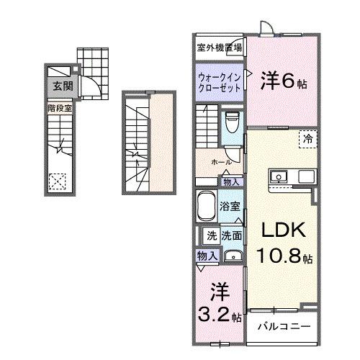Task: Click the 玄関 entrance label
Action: pyautogui.click(x=58, y=86)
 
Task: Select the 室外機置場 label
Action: pyautogui.click(x=219, y=49)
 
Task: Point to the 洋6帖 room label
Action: pyautogui.click(x=283, y=81)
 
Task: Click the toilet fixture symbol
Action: pyautogui.click(x=233, y=123)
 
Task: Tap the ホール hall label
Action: pyautogui.click(x=221, y=162)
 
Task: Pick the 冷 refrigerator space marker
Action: pyautogui.click(x=306, y=140)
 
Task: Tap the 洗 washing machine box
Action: pyautogui.click(x=212, y=235)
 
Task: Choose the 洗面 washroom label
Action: pyautogui.click(x=231, y=235)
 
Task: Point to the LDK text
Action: pyautogui.click(x=283, y=232)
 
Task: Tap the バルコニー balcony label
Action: pyautogui.click(x=284, y=326)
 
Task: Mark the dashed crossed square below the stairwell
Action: pyautogui.click(x=58, y=181)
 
